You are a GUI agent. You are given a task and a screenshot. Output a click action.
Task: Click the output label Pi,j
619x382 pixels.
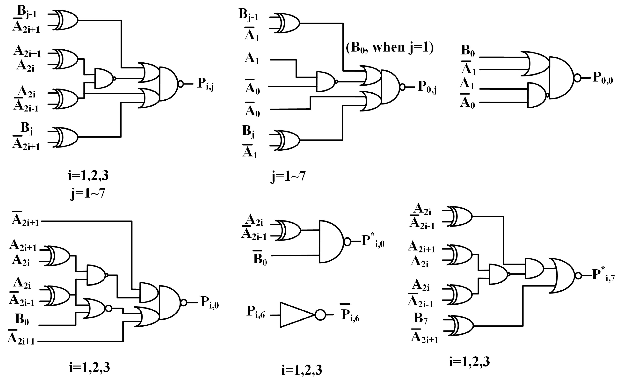point(205,84)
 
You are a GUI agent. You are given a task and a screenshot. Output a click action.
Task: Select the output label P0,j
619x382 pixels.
point(427,87)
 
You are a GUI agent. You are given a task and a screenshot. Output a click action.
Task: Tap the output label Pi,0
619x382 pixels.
point(209,302)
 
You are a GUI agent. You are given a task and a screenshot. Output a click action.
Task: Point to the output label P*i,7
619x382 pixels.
point(603,275)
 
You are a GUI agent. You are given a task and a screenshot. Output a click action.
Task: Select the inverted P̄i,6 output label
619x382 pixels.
point(350,315)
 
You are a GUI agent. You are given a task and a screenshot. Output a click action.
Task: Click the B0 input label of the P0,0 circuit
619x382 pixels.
point(468,51)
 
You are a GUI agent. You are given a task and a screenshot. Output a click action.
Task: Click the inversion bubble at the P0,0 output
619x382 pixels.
point(577,78)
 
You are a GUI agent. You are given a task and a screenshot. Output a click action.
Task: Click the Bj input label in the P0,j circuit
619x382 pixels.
point(248,131)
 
